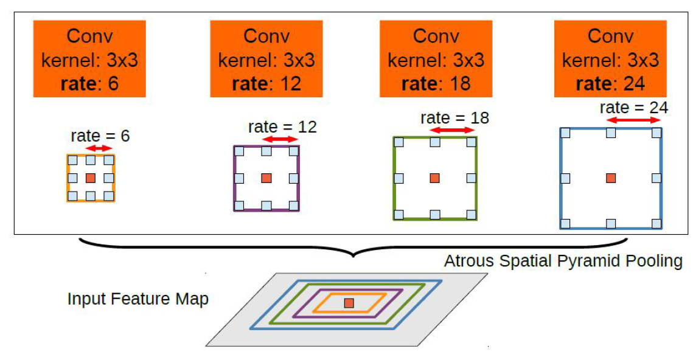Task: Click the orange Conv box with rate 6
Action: (x=89, y=58)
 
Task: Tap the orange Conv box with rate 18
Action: (x=436, y=58)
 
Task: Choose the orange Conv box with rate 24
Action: (x=610, y=58)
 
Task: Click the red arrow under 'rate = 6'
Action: (x=99, y=148)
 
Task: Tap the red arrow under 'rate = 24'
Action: (x=633, y=121)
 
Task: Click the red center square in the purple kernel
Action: (x=266, y=178)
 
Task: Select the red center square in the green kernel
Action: (x=434, y=178)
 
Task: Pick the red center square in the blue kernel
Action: (x=611, y=178)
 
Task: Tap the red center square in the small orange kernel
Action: (x=90, y=178)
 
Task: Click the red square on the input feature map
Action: (x=349, y=303)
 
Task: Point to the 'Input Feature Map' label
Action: (x=138, y=299)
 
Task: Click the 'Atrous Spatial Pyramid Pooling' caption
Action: (x=563, y=261)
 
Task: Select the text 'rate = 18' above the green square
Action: (x=454, y=117)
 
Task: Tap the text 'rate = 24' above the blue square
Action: (x=633, y=108)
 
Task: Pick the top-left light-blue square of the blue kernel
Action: (x=565, y=133)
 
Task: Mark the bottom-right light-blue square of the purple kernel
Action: (x=294, y=206)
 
